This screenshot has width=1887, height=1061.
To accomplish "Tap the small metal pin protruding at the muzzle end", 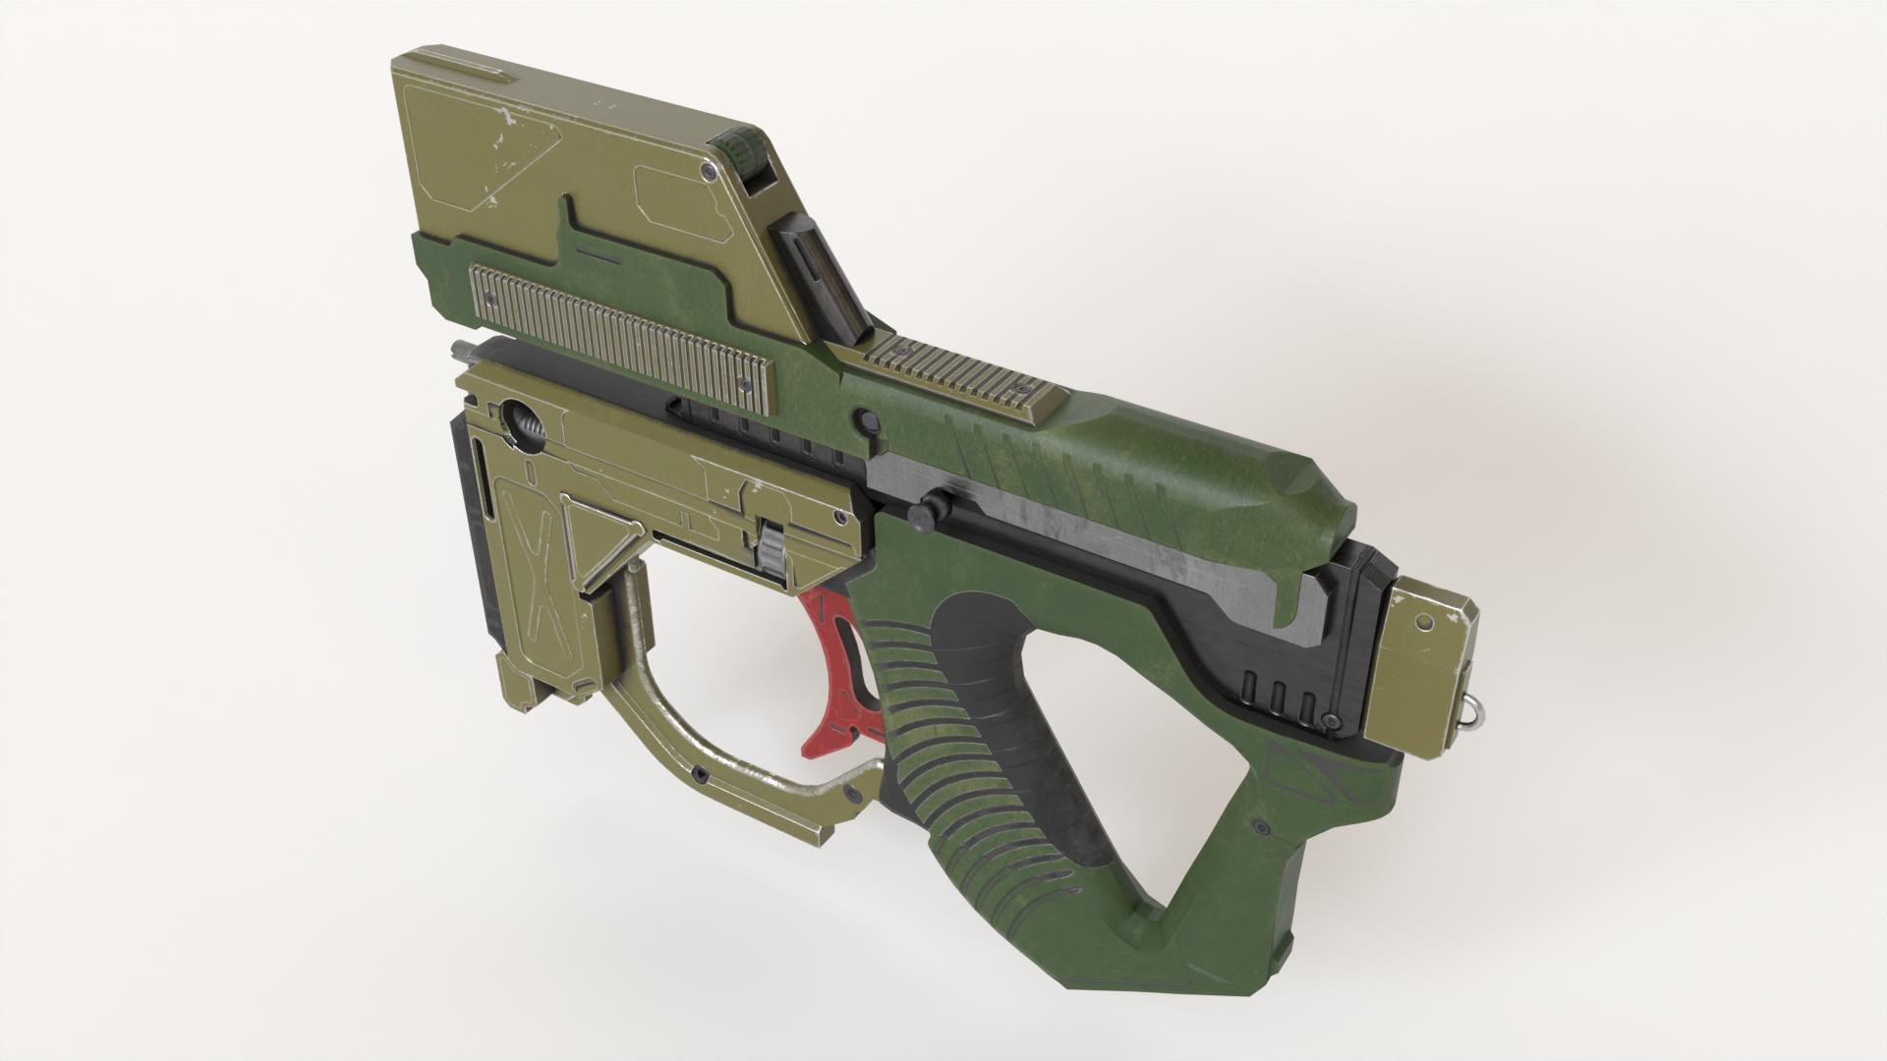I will point(460,348).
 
